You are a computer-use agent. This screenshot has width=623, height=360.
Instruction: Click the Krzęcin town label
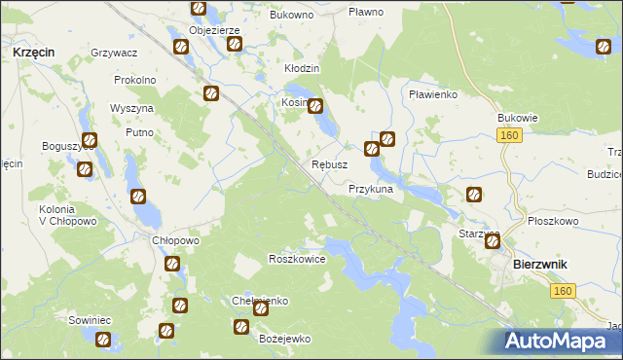coord(33,50)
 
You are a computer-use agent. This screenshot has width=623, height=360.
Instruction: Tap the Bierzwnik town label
coord(541,265)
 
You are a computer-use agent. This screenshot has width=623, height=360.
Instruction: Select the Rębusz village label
coord(329,165)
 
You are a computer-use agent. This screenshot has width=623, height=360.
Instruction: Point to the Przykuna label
coord(370,190)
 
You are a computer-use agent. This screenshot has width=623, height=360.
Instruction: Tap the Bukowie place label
coord(518,118)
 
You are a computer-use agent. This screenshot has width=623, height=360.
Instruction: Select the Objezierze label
coord(214,30)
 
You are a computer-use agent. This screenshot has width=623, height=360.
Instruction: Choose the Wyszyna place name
coord(128,107)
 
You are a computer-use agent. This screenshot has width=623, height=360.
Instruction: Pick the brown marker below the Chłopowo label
coord(172,264)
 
